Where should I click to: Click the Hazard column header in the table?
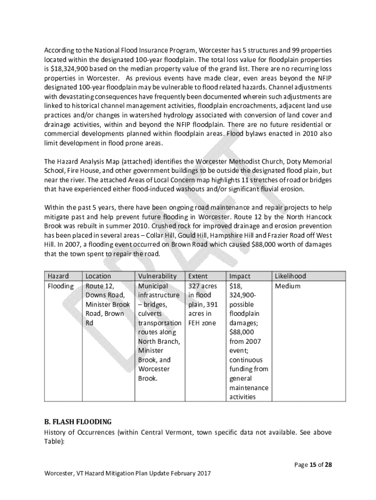[x=58, y=276]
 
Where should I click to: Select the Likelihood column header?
[x=290, y=276]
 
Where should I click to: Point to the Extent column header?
[x=198, y=276]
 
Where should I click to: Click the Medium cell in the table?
[x=288, y=286]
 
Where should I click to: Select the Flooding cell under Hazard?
[x=61, y=286]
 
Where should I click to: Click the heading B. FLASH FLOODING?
[x=78, y=421]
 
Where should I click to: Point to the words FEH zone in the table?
[x=202, y=323]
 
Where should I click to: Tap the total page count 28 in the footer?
[x=329, y=464]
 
